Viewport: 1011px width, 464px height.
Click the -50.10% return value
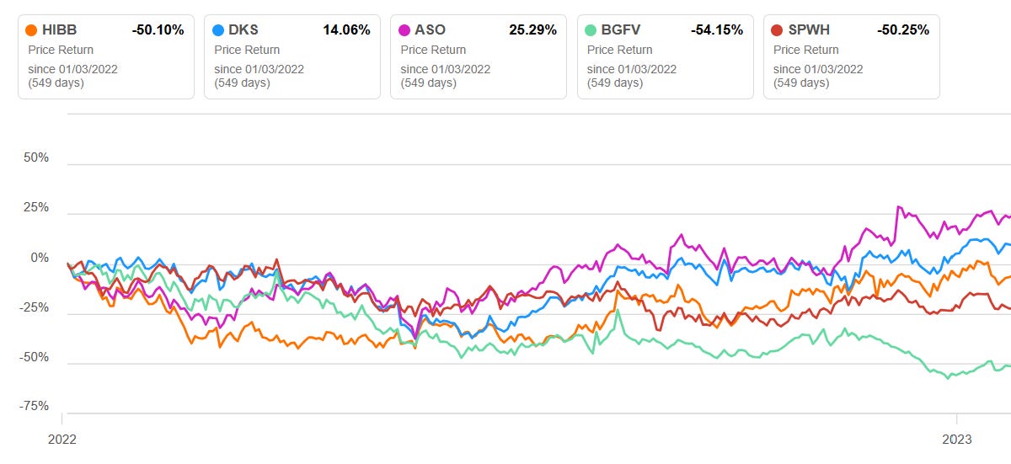click(158, 30)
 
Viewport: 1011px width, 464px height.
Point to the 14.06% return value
click(346, 30)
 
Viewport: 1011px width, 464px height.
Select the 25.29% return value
click(532, 30)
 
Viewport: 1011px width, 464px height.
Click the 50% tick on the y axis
click(35, 158)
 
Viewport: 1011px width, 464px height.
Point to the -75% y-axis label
click(34, 406)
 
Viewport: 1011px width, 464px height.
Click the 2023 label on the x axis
click(956, 439)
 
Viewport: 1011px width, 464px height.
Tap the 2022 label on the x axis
click(62, 439)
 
